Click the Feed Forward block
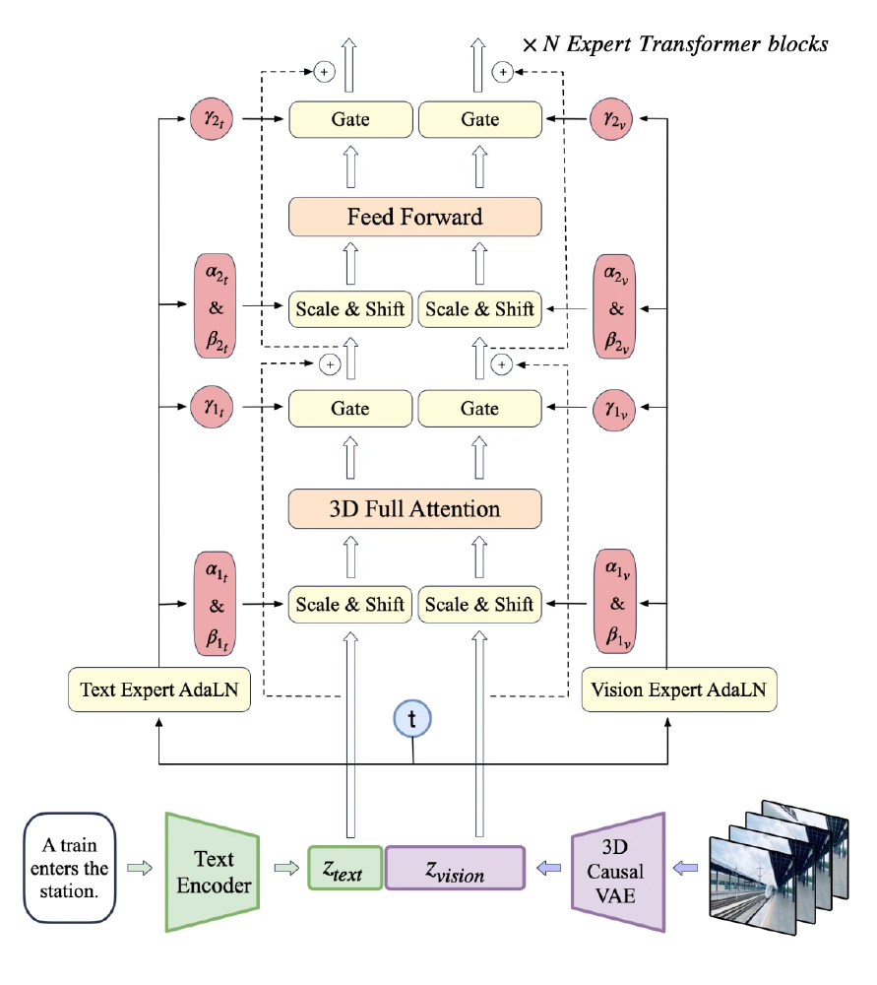pos(414,216)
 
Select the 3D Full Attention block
pos(414,508)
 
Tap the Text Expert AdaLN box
pos(158,690)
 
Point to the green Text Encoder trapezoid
pos(213,872)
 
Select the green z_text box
pos(345,869)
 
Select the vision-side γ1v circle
pos(617,408)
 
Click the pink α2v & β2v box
pos(617,307)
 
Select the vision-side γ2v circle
pos(617,119)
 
